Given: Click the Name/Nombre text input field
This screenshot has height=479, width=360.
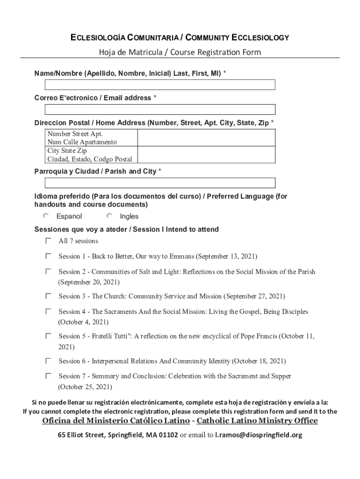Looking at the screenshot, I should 160,85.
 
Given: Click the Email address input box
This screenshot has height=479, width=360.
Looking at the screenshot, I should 160,109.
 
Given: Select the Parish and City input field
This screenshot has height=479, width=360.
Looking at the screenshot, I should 160,183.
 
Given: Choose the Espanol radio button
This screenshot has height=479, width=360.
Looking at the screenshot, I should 46,216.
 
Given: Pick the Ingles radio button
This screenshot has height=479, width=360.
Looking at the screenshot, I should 109,216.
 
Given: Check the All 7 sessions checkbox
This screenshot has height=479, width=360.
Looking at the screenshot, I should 48,241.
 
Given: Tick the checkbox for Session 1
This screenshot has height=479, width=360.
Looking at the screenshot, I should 48,256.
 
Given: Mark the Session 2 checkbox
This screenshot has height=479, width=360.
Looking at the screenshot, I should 48,271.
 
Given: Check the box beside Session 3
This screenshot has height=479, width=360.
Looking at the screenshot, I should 48,296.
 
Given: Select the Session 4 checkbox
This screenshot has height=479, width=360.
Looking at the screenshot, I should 48,312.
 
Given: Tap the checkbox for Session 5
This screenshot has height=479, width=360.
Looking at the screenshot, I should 48,336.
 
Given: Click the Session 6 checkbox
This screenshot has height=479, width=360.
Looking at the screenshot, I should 48,361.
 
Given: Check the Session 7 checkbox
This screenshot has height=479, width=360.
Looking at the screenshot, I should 48,376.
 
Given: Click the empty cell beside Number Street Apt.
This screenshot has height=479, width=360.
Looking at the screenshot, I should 206,138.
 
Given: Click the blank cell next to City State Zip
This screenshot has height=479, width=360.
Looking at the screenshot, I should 206,155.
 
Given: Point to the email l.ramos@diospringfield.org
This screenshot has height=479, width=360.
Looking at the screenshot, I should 259,435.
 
